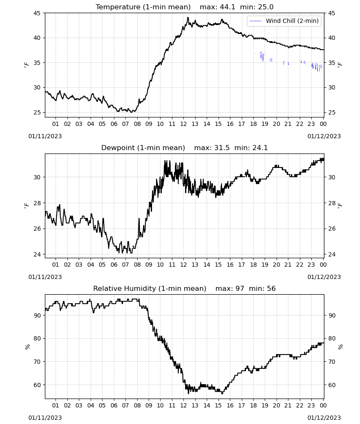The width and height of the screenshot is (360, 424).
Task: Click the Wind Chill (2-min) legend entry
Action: pyautogui.click(x=284, y=21)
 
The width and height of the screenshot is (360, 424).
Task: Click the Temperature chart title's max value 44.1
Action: pyautogui.click(x=227, y=7)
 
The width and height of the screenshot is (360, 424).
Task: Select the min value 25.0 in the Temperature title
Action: pyautogui.click(x=266, y=7)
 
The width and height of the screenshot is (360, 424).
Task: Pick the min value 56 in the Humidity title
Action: pyautogui.click(x=271, y=288)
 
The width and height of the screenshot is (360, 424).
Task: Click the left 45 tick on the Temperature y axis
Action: pyautogui.click(x=37, y=13)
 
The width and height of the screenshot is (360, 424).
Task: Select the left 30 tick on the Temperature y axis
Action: pyautogui.click(x=37, y=87)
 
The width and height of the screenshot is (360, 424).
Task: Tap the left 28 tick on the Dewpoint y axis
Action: pyautogui.click(x=37, y=203)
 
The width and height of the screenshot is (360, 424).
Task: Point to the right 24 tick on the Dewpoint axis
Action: pyautogui.click(x=332, y=254)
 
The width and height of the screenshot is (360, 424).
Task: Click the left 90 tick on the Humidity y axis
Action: pyautogui.click(x=37, y=315)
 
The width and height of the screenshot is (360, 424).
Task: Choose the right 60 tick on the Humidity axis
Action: pyautogui.click(x=332, y=385)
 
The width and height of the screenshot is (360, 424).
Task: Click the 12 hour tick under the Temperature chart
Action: pyautogui.click(x=183, y=124)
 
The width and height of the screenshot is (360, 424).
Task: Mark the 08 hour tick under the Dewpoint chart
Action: pyautogui.click(x=137, y=265)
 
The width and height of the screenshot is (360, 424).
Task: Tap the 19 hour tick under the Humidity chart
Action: pyautogui.click(x=265, y=405)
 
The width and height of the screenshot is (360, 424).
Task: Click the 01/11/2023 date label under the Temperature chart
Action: pyautogui.click(x=45, y=136)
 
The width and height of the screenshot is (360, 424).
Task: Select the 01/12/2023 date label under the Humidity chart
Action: pyautogui.click(x=324, y=418)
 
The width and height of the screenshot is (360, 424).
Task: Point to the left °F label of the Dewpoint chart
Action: pyautogui.click(x=26, y=206)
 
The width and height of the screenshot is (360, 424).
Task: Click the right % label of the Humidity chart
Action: pyautogui.click(x=340, y=347)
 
